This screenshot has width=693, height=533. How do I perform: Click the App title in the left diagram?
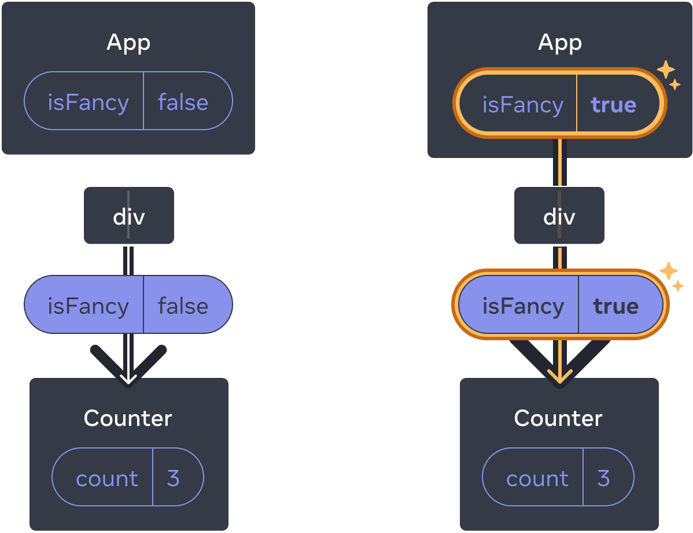pyautogui.click(x=128, y=43)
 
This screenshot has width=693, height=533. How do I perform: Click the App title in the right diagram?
pyautogui.click(x=560, y=43)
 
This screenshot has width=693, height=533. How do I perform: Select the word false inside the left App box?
pyautogui.click(x=183, y=102)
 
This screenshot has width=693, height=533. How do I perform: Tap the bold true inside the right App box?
pyautogui.click(x=613, y=105)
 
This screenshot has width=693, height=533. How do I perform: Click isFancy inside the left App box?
pyautogui.click(x=88, y=102)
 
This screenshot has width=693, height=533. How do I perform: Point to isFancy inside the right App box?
pyautogui.click(x=522, y=105)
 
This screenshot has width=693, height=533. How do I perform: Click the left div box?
pyautogui.click(x=128, y=216)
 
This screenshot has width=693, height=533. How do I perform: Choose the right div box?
pyautogui.click(x=559, y=216)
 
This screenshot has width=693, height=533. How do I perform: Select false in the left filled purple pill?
pyautogui.click(x=183, y=306)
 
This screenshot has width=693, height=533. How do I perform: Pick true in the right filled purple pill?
pyautogui.click(x=615, y=306)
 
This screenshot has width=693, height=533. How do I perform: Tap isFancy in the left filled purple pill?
pyautogui.click(x=88, y=306)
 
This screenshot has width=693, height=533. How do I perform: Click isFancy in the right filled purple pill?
pyautogui.click(x=523, y=306)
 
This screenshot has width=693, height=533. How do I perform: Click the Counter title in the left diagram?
pyautogui.click(x=128, y=418)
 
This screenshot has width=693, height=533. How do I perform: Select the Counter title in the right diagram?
pyautogui.click(x=558, y=418)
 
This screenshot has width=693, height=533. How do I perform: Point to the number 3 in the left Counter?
pyautogui.click(x=173, y=478)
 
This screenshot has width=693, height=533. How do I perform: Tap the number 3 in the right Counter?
pyautogui.click(x=603, y=478)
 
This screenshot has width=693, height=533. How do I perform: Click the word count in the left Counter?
pyautogui.click(x=107, y=478)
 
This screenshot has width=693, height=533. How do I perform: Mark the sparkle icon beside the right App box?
pyautogui.click(x=668, y=74)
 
